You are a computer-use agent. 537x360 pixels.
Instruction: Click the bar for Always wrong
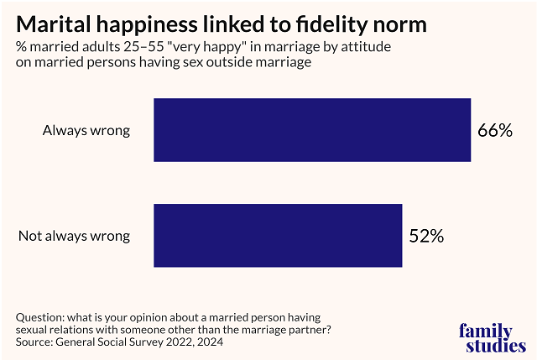point(312,130)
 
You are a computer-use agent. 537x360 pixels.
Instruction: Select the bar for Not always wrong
point(278,236)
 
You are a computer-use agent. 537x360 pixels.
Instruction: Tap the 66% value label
point(495,131)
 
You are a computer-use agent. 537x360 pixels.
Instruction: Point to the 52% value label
point(426,236)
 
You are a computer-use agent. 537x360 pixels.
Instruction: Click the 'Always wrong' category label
point(87,131)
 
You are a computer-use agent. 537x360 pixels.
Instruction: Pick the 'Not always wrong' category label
point(74,236)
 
